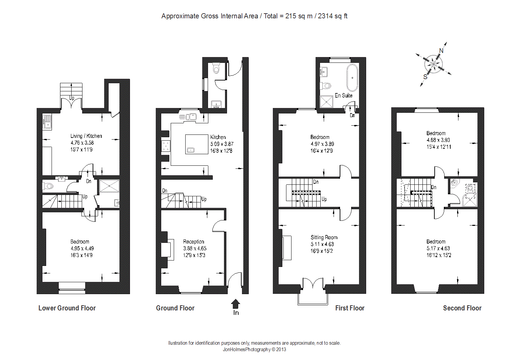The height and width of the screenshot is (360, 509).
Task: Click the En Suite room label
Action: pyautogui.click(x=343, y=95)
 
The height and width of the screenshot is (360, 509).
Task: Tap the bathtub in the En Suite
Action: pyautogui.click(x=352, y=77)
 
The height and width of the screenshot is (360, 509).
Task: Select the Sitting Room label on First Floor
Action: pyautogui.click(x=324, y=237)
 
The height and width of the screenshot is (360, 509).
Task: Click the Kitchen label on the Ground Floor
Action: pyautogui.click(x=218, y=137)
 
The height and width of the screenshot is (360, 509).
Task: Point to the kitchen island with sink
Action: pyautogui.click(x=196, y=144)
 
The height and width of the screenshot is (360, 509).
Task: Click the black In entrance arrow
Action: pyautogui.click(x=235, y=304)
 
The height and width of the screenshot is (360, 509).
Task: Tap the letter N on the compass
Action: pyautogui.click(x=441, y=51)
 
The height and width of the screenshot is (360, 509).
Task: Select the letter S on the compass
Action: pyautogui.click(x=425, y=77)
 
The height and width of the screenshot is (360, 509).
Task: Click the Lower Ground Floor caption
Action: pyautogui.click(x=67, y=308)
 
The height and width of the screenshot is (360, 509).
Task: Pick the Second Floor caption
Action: pyautogui.click(x=462, y=308)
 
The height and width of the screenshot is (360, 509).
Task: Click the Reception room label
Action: pyautogui.click(x=194, y=241)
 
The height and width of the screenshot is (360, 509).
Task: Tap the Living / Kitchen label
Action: pyautogui.click(x=86, y=136)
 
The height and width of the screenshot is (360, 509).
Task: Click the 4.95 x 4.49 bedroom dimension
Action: pyautogui.click(x=82, y=248)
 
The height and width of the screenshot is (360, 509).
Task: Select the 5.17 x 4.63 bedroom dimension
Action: pyautogui.click(x=438, y=248)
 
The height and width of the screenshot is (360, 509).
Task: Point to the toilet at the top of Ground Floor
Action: pyautogui.click(x=216, y=69)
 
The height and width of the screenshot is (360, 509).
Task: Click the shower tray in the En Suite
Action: pyautogui.click(x=326, y=102)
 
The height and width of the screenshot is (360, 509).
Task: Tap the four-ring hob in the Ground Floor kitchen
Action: pyautogui.click(x=166, y=146)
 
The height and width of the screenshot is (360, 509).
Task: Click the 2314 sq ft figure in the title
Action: pyautogui.click(x=333, y=16)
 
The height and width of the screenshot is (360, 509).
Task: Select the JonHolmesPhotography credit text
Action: pyautogui.click(x=254, y=349)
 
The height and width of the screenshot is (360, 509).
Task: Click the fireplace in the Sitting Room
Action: pyautogui.click(x=287, y=248)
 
